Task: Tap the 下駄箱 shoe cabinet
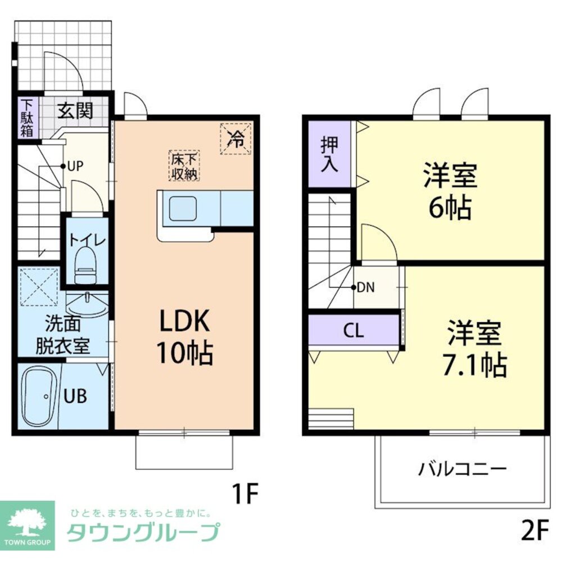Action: tap(27, 118)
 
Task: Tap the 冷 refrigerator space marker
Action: tap(235, 138)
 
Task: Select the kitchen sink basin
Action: tap(184, 209)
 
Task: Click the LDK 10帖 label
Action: tap(185, 338)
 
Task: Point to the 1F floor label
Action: tap(245, 494)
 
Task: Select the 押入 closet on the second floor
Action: tap(329, 153)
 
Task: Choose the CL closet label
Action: tap(353, 331)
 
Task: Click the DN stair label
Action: tap(365, 287)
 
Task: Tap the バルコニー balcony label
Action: tap(462, 468)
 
